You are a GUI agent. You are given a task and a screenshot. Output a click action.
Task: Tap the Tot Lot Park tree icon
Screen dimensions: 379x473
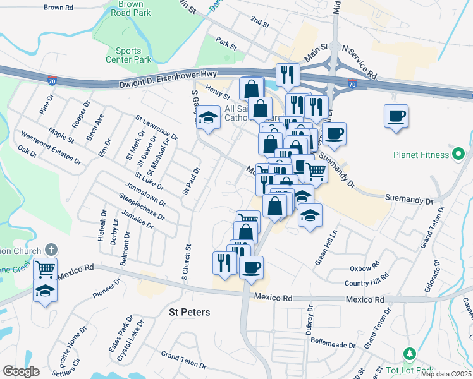pos(409,352)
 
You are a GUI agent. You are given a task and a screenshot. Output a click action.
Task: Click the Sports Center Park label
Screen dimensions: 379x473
pos(133,55)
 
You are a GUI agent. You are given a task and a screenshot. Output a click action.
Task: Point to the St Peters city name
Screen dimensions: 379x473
pos(189,312)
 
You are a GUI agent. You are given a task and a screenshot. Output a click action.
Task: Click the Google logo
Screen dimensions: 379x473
pos(21,371)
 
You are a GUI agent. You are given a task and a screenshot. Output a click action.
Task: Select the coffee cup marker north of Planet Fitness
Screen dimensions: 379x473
pos(396,116)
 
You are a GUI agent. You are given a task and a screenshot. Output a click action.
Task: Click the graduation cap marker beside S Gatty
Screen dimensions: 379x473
pos(207,118)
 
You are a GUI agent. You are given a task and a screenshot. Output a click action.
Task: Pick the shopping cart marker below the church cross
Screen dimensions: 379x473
pos(45,269)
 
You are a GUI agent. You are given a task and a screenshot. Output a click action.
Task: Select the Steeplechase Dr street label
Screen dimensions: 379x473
pos(142,207)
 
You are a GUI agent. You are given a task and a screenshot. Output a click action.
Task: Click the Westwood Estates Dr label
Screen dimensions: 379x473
pos(51,147)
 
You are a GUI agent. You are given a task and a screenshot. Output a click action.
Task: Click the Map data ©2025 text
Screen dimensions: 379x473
pos(446,374)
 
